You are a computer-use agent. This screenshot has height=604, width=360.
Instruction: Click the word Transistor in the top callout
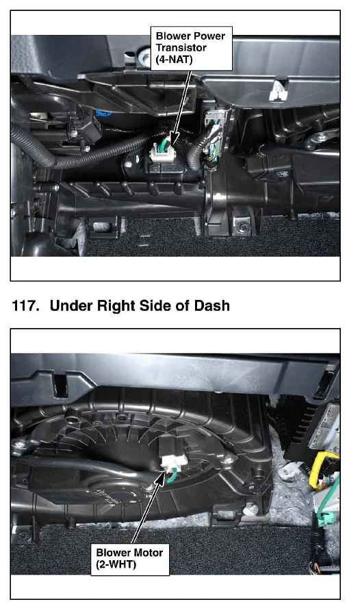pos(181,48)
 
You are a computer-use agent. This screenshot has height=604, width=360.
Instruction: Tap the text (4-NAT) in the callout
pos(174,60)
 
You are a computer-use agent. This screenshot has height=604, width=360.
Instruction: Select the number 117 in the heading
pos(25,305)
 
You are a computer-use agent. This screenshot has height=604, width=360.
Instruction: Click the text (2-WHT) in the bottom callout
pos(116,565)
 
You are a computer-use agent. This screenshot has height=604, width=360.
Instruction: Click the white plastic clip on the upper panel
pos(278,91)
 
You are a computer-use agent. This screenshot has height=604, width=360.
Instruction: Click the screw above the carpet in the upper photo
pos(241,225)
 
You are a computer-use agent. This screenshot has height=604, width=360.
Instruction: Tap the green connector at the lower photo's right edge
pos(326,516)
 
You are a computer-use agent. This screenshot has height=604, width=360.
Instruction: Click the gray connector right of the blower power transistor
pos(214,118)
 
